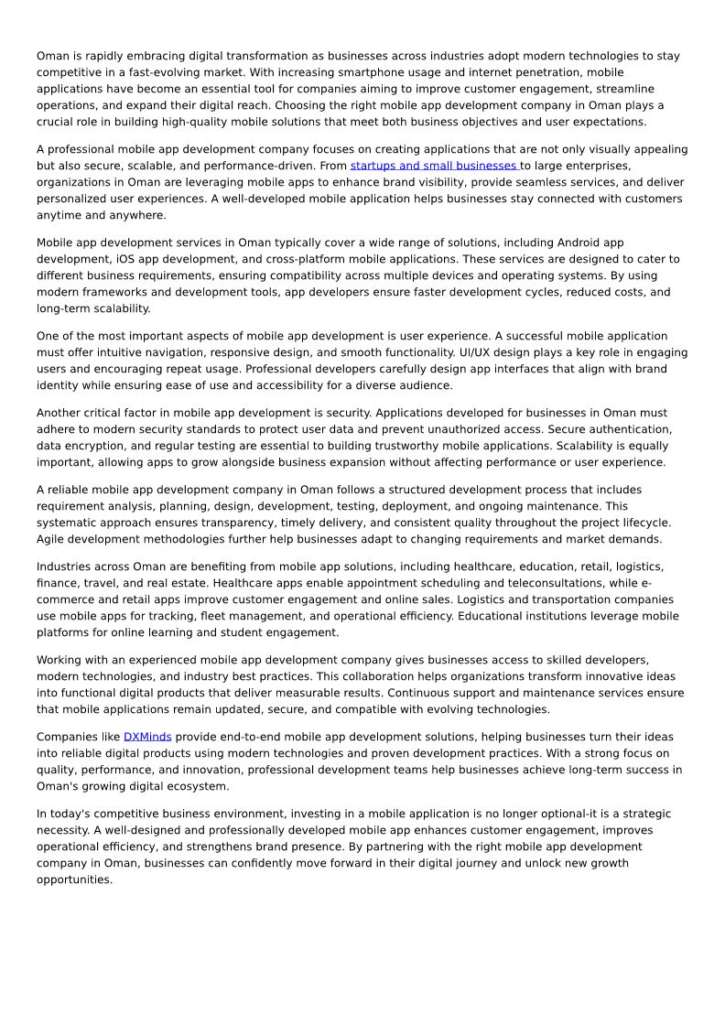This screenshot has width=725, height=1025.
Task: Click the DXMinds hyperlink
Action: coord(147,737)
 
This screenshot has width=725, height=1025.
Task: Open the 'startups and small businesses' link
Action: coord(433,166)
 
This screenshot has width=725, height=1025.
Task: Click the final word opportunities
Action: coord(73,879)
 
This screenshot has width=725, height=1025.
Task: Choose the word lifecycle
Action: coord(644,523)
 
